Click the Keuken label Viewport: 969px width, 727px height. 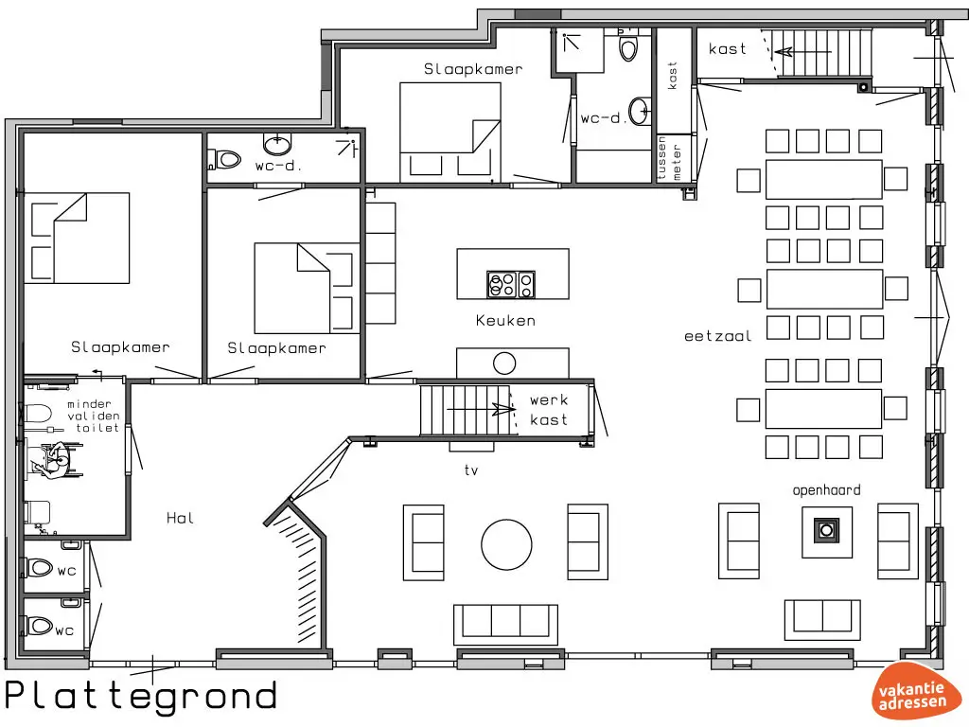tap(505, 321)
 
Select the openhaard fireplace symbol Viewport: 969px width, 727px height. tap(825, 531)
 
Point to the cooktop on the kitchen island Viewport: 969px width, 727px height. tap(511, 283)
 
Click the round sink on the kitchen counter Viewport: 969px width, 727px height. tap(504, 363)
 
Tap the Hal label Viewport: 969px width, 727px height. tap(180, 518)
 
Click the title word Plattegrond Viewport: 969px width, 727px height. tap(142, 696)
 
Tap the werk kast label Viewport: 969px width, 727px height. tap(549, 410)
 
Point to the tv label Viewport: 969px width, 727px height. tap(471, 470)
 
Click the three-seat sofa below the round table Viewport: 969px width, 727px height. tap(505, 622)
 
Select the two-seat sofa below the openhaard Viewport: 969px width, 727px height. tap(821, 617)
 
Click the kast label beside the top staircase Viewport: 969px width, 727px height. tap(728, 48)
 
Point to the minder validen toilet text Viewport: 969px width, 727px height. tap(92, 417)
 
